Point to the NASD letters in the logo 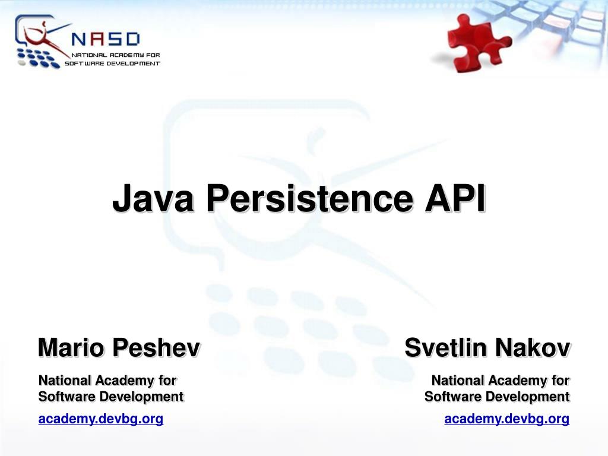(105, 39)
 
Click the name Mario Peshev (118, 347)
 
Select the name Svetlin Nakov (487, 347)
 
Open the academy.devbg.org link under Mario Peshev (100, 419)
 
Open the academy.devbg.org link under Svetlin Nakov (506, 419)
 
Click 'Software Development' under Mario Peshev (110, 396)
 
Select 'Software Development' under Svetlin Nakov (497, 396)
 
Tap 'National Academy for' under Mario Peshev (107, 380)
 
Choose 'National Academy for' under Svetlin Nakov (501, 380)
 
